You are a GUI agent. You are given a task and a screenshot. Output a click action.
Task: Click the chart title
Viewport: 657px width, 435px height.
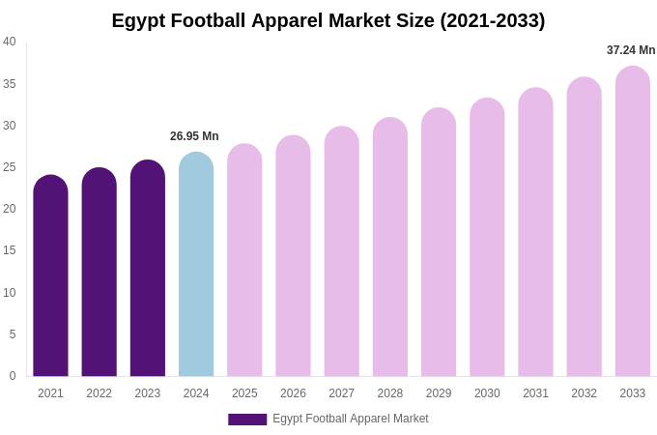click(x=328, y=20)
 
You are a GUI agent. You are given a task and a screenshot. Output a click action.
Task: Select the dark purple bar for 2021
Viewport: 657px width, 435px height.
click(x=50, y=280)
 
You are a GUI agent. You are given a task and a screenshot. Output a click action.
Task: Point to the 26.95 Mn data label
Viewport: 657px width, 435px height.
click(x=194, y=136)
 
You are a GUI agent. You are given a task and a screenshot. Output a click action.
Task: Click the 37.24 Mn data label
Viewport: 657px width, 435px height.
click(x=631, y=50)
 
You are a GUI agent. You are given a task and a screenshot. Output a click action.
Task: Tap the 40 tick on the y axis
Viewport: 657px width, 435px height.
click(x=10, y=42)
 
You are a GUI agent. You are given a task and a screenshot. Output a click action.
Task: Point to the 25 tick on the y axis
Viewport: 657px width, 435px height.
click(x=10, y=167)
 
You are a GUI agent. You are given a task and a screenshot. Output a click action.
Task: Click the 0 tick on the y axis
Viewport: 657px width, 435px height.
click(x=13, y=376)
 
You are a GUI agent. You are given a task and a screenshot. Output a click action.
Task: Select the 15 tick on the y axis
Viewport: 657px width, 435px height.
click(x=10, y=250)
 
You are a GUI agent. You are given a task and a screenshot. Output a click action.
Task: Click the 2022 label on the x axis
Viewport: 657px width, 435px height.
click(x=99, y=393)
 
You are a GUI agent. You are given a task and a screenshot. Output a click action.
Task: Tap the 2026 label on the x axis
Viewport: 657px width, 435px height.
click(x=293, y=393)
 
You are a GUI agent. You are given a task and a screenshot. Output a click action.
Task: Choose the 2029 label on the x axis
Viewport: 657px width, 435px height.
click(x=439, y=393)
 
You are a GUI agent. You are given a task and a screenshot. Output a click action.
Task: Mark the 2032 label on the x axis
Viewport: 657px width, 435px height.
click(x=584, y=393)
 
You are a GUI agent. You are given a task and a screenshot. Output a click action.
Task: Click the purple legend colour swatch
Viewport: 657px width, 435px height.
click(x=247, y=420)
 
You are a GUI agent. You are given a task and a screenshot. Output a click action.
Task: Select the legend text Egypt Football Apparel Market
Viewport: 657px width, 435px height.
click(x=351, y=419)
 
